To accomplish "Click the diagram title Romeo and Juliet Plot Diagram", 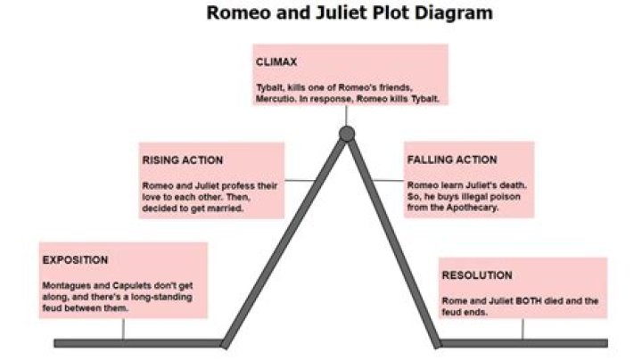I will coord(350,13).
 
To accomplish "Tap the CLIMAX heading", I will coord(276,62).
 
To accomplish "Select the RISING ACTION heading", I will coord(183,160).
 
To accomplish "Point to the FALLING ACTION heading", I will coord(452,160).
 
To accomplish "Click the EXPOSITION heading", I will coord(75,260).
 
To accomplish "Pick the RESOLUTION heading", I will coord(477,275).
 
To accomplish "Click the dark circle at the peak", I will coord(347,135).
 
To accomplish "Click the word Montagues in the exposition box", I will coord(67,285).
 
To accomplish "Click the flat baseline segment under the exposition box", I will coord(134,343).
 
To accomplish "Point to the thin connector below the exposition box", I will coord(123,329).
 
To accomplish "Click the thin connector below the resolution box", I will coord(523,329).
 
